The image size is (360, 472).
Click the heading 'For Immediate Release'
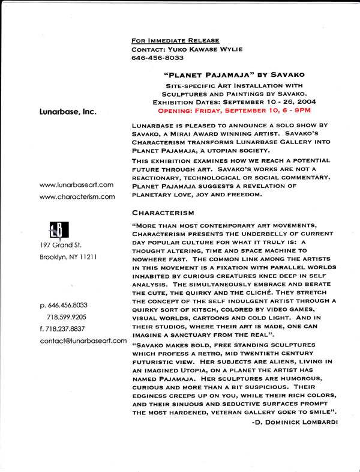[171, 40]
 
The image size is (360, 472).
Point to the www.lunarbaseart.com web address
[76, 184]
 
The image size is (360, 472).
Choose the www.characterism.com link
[77, 196]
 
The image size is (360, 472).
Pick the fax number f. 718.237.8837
[63, 328]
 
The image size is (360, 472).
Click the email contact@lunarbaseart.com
[83, 340]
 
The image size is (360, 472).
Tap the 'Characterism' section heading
[163, 213]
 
